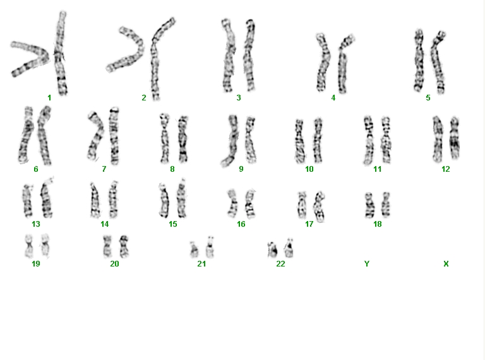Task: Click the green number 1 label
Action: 49,98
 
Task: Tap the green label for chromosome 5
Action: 428,98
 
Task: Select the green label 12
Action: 445,169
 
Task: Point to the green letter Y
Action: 366,264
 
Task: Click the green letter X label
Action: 446,264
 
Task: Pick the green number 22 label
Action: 280,264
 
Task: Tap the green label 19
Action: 36,264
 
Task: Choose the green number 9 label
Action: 241,169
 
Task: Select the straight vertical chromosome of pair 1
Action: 61,52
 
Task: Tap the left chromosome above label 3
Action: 228,56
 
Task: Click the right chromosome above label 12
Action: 454,138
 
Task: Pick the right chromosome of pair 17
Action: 319,207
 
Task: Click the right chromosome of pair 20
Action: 124,246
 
